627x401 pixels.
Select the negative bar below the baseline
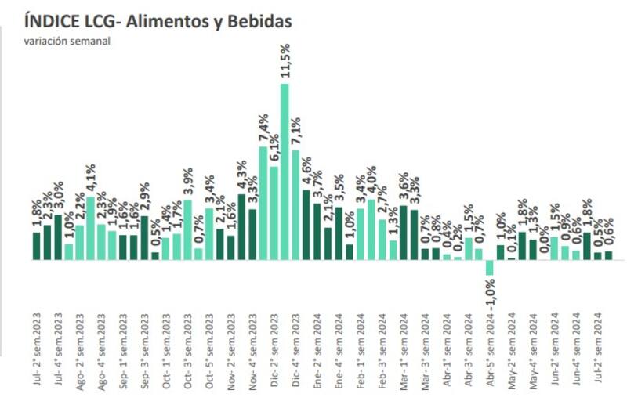(x=490, y=267)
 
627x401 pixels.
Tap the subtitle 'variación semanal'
(x=67, y=42)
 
